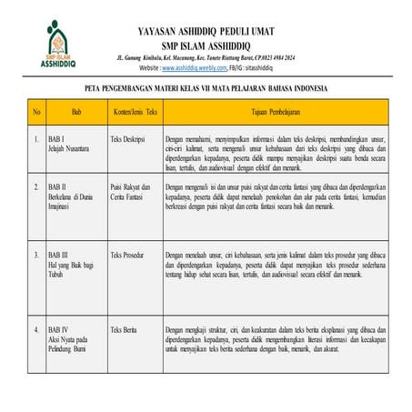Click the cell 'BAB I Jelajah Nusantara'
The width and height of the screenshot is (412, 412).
[67, 145]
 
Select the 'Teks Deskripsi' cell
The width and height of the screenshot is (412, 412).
[129, 140]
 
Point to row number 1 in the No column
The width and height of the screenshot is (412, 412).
[35, 140]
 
